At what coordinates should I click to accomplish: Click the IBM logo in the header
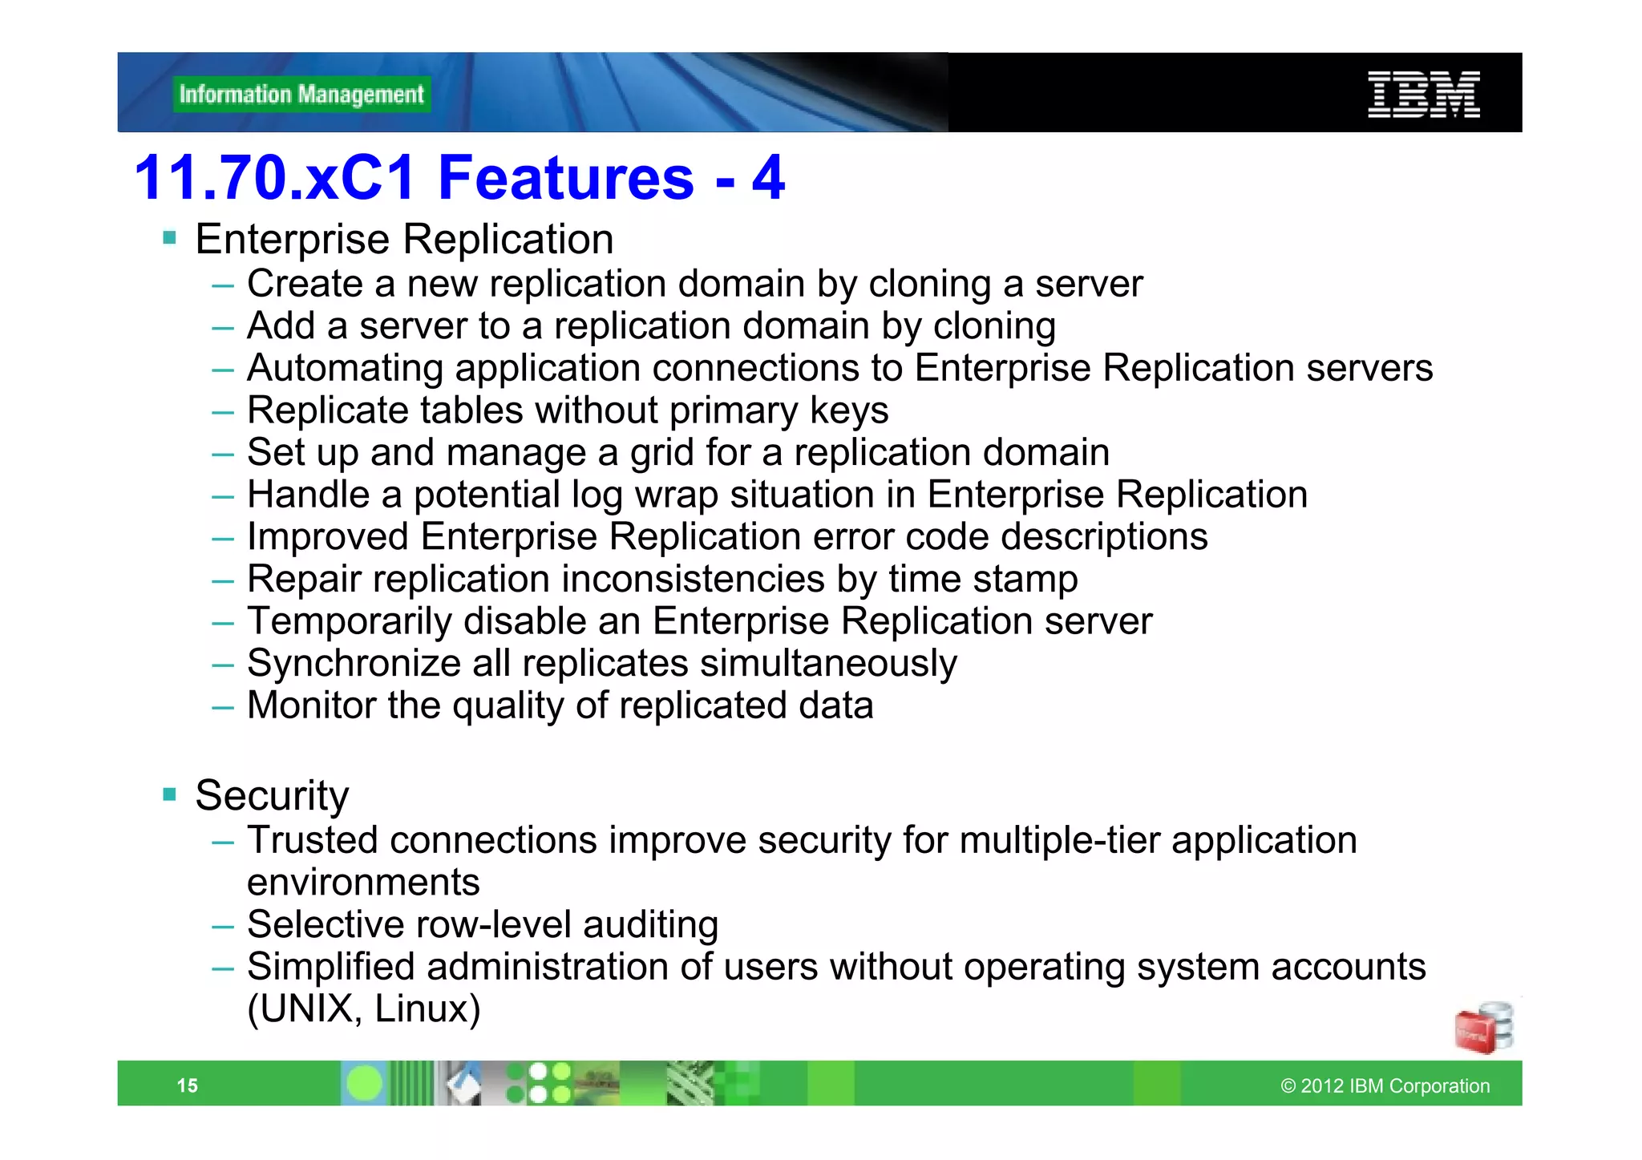pyautogui.click(x=1423, y=95)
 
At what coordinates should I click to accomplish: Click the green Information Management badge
pyautogui.click(x=301, y=95)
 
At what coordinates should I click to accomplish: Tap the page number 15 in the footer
pyautogui.click(x=187, y=1085)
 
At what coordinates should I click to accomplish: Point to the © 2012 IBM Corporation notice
pyautogui.click(x=1385, y=1085)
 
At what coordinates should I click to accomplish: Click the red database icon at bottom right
pyautogui.click(x=1483, y=1028)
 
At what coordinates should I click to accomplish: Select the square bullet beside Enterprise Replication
pyautogui.click(x=169, y=237)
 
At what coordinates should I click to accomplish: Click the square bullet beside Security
pyautogui.click(x=169, y=794)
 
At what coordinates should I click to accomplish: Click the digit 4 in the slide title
pyautogui.click(x=768, y=177)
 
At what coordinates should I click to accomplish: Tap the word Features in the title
pyautogui.click(x=566, y=177)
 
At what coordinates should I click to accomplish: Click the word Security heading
pyautogui.click(x=272, y=795)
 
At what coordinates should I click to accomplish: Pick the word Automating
pyautogui.click(x=345, y=369)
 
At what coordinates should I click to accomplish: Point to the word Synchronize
pyautogui.click(x=353, y=664)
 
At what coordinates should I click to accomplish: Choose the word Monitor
pyautogui.click(x=311, y=705)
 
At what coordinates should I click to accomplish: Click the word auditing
pyautogui.click(x=650, y=924)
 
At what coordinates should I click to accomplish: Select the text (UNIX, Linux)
pyautogui.click(x=363, y=1008)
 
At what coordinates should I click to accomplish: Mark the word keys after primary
pyautogui.click(x=848, y=410)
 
